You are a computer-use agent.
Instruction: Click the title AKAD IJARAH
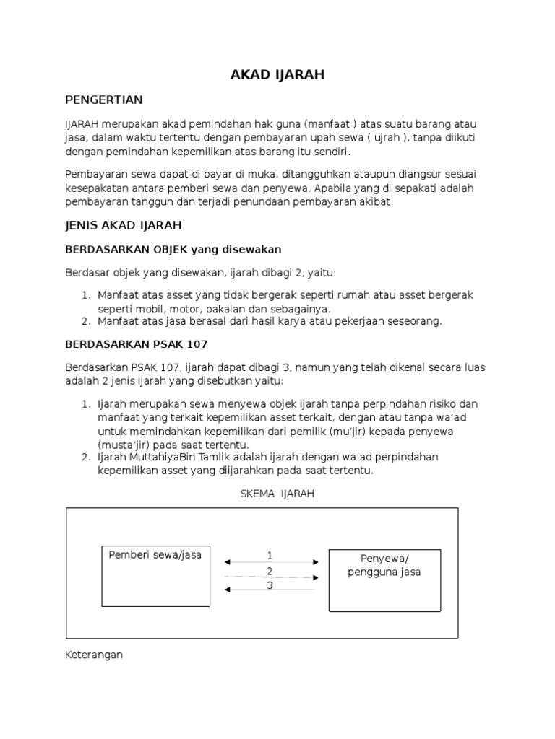pos(277,74)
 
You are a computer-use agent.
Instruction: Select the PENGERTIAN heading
pos(104,100)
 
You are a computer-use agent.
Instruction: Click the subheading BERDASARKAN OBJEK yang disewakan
pos(173,249)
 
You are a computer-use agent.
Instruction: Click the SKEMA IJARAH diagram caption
pos(277,494)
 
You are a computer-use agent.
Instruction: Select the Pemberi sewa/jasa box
pos(156,575)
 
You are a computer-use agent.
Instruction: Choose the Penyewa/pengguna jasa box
pos(384,580)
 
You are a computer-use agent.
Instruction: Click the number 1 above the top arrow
pos(270,555)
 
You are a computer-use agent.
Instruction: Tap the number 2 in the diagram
pos(270,571)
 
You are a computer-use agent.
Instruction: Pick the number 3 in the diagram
pos(270,585)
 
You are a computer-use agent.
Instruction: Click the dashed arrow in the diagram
pos(271,577)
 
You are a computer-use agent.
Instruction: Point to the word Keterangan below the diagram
pos(94,655)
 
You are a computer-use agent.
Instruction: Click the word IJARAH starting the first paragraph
pos(82,125)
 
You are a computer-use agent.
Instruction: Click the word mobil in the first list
pos(153,308)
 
